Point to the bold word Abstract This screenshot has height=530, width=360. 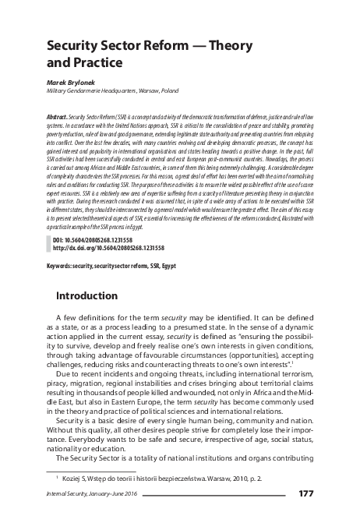tap(61, 114)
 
